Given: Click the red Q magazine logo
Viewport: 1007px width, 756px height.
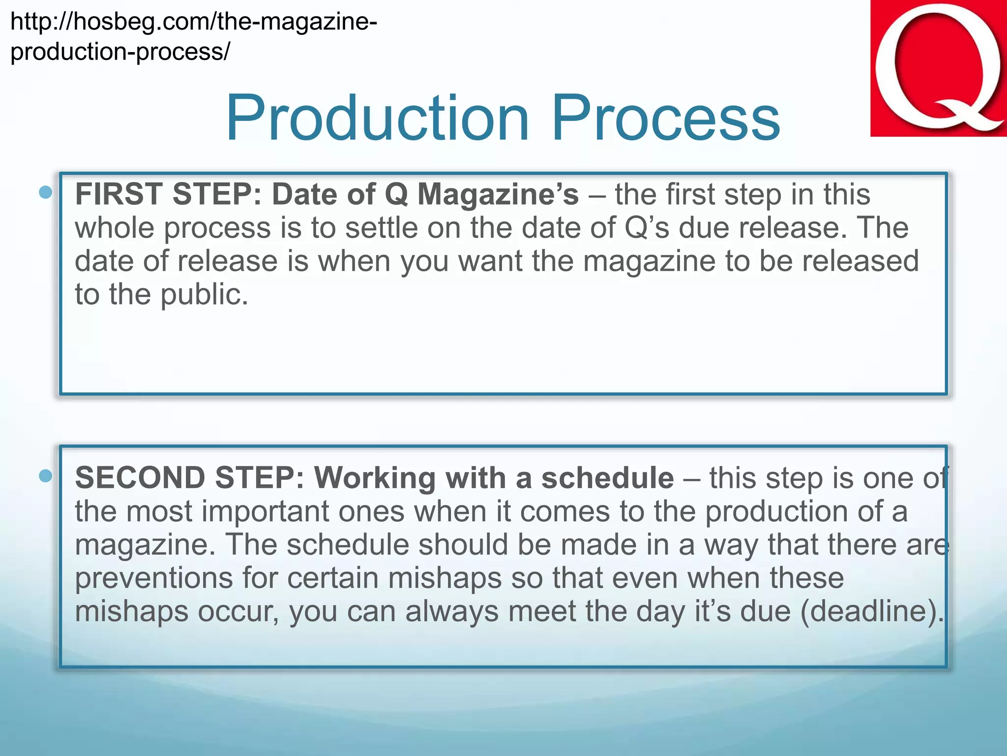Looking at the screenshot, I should tap(938, 69).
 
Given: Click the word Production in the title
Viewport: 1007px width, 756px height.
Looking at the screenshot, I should tap(377, 118).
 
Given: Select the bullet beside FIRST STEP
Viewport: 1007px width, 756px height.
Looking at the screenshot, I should tap(45, 192).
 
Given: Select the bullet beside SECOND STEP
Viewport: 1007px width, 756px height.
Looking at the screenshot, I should tap(45, 475).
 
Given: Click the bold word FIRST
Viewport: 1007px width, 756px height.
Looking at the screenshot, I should tap(118, 194).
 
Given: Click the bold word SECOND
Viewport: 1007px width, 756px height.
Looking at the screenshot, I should tap(140, 477).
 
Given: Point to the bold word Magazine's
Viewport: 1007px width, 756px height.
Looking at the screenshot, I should tap(498, 194).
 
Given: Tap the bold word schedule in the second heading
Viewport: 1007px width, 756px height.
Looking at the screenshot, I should tap(607, 477).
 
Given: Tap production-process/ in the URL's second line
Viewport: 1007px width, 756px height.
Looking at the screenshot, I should tap(120, 52).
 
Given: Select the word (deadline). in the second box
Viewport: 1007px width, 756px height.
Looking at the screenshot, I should tap(872, 611).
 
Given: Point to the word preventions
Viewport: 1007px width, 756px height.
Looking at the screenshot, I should tap(154, 578).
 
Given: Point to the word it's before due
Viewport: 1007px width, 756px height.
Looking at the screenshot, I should tap(712, 611).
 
